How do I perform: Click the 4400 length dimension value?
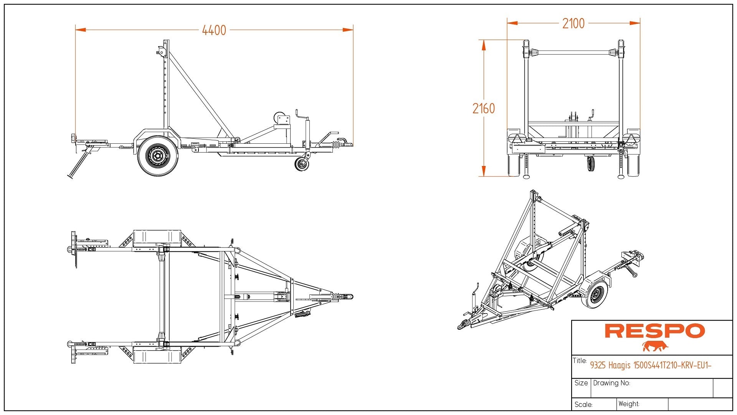pos(214,30)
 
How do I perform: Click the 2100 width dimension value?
pos(573,23)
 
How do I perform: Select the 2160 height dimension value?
pos(484,109)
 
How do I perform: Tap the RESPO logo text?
pos(655,331)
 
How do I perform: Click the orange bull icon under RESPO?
pos(655,346)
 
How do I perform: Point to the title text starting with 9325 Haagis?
pos(651,365)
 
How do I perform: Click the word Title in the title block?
pos(580,361)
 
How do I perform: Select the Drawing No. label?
pos(611,383)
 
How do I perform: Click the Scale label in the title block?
pos(583,405)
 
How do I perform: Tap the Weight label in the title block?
pos(629,404)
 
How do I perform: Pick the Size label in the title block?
pos(581,383)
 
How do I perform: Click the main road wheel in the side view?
pos(158,156)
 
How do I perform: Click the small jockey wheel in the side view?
pos(302,164)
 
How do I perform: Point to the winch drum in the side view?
pos(280,117)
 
